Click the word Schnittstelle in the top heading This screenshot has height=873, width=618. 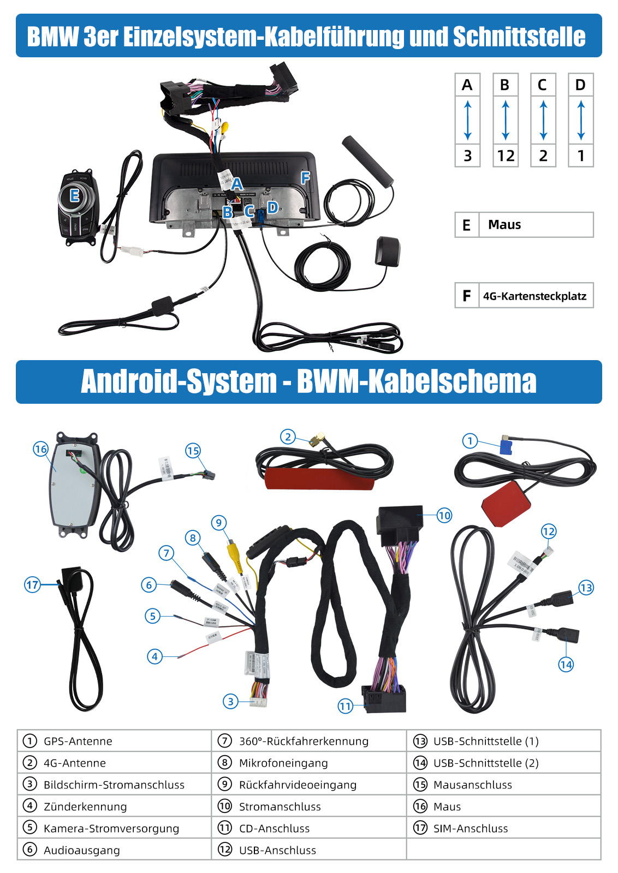click(519, 37)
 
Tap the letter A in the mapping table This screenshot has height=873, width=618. click(467, 85)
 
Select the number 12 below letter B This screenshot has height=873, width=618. click(506, 156)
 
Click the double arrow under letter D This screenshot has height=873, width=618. click(580, 120)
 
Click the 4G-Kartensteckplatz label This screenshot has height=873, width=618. click(534, 296)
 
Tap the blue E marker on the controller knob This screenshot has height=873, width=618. click(75, 195)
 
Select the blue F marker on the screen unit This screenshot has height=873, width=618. click(305, 177)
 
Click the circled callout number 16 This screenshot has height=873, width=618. click(41, 449)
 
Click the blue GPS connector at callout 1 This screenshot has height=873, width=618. click(507, 446)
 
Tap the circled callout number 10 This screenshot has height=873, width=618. click(444, 515)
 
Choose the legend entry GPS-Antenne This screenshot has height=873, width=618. click(78, 742)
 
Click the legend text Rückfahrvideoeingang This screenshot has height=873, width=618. click(298, 785)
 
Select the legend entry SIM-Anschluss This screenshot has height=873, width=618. click(471, 829)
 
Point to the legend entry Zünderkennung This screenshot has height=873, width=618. click(85, 807)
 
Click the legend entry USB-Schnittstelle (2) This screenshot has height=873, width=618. click(486, 763)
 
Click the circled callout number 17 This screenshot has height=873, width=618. click(32, 585)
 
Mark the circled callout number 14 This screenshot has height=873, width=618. click(566, 665)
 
